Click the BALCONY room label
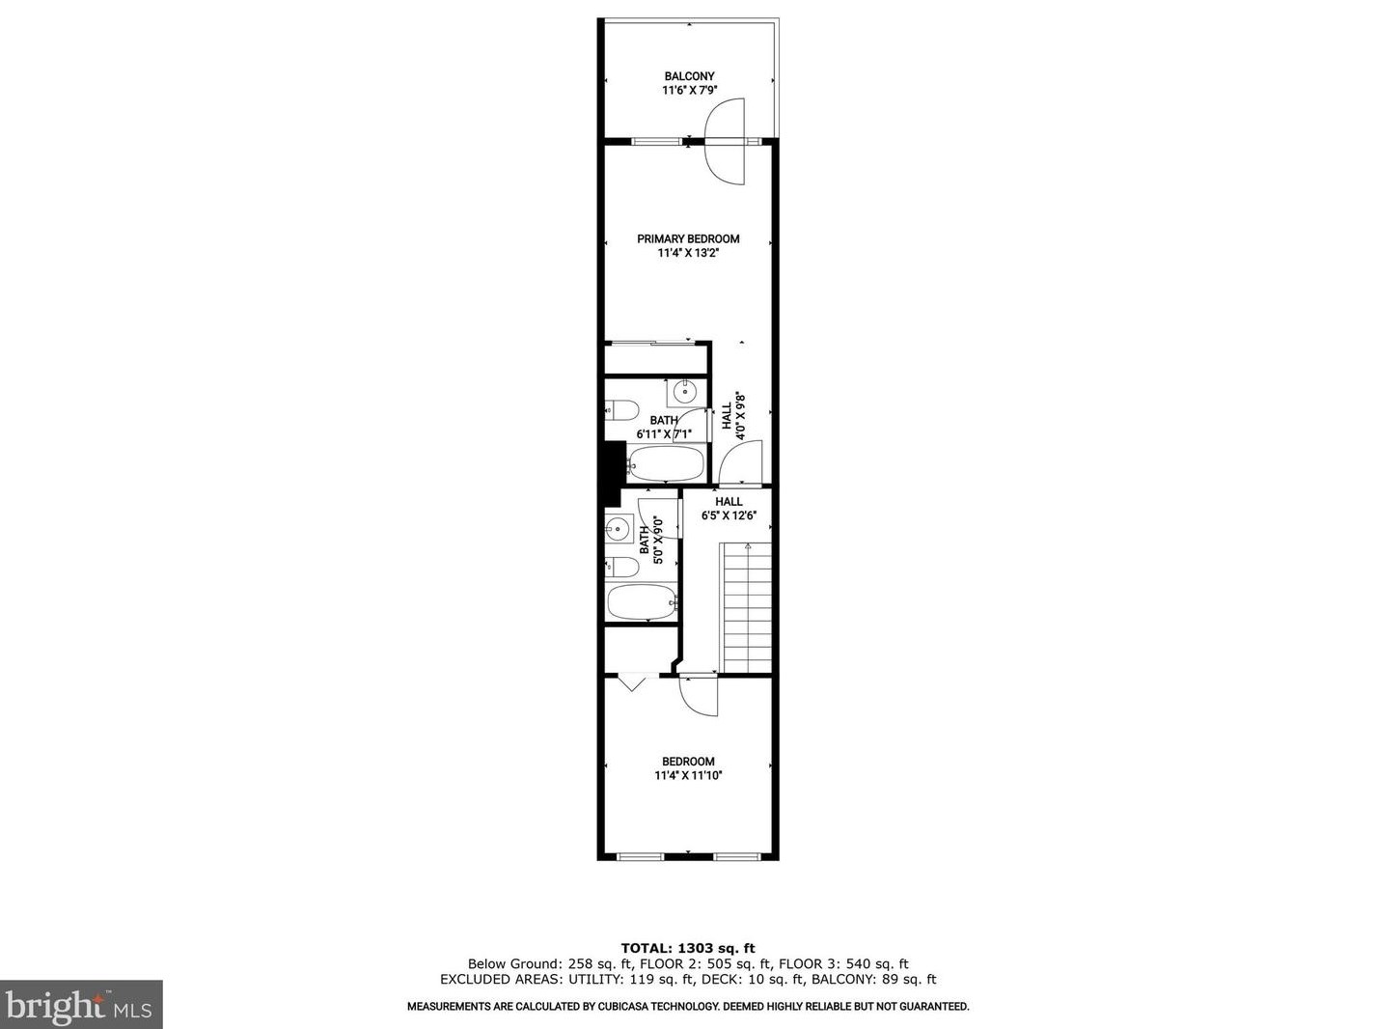[x=689, y=76]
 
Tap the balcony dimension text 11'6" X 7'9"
[x=689, y=91]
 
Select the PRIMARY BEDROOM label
[x=688, y=239]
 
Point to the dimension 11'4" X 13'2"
[x=688, y=253]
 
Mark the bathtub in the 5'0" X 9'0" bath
[x=642, y=602]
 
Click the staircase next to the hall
[x=747, y=608]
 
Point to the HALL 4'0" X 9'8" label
[x=734, y=416]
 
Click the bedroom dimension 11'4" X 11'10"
[x=688, y=775]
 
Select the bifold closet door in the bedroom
[x=632, y=682]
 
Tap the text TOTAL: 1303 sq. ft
[x=687, y=949]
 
